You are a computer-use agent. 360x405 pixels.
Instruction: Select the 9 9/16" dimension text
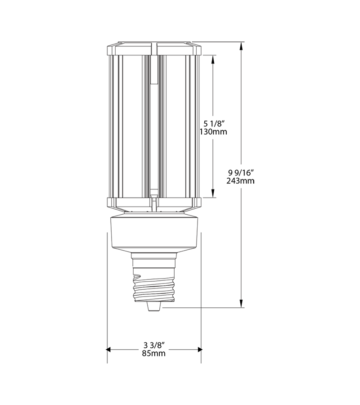tap(241, 172)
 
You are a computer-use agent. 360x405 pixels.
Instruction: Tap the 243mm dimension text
tap(241, 181)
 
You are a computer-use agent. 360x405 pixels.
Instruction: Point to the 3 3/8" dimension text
tap(154, 345)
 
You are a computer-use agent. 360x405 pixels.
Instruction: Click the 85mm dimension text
tap(154, 353)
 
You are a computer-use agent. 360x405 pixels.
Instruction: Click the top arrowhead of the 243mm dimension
tap(243, 45)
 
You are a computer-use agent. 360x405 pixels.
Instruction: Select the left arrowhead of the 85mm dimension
tap(109, 349)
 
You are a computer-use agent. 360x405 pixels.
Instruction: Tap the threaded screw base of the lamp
tap(153, 286)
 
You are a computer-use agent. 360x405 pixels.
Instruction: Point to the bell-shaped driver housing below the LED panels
tap(153, 234)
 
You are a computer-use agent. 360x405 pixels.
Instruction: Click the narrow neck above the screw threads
tap(153, 260)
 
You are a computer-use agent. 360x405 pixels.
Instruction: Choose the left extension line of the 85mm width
tap(107, 292)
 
